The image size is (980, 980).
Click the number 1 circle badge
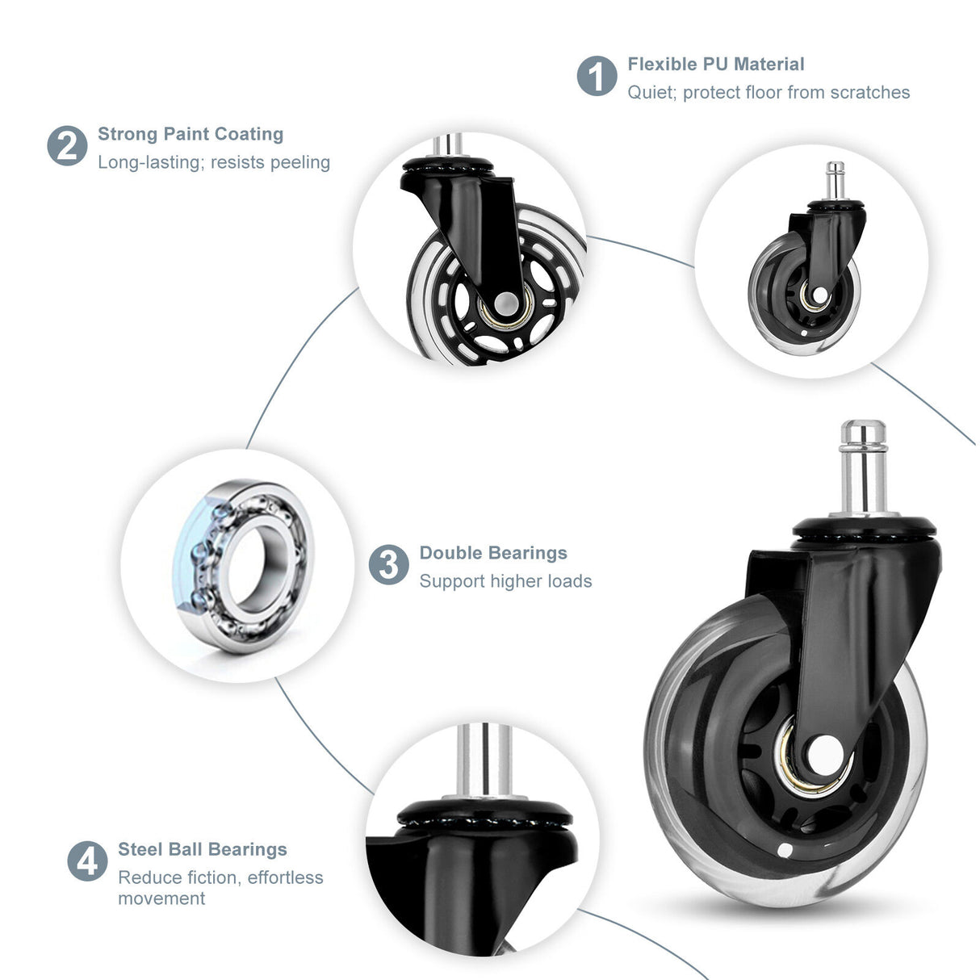[x=597, y=76]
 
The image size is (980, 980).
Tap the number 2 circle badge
[x=67, y=146]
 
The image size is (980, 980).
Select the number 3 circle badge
[x=388, y=564]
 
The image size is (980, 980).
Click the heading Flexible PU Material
[x=715, y=64]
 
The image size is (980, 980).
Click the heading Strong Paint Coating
[x=191, y=134]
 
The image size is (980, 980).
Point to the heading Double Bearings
[x=492, y=553]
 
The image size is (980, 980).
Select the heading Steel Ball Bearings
[x=202, y=849]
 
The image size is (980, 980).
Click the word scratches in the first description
[x=869, y=93]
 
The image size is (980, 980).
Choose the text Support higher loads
[x=505, y=581]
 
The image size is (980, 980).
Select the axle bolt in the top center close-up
[x=506, y=304]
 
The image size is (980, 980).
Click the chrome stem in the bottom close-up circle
[x=484, y=759]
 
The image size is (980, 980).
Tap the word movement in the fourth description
[x=161, y=898]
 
